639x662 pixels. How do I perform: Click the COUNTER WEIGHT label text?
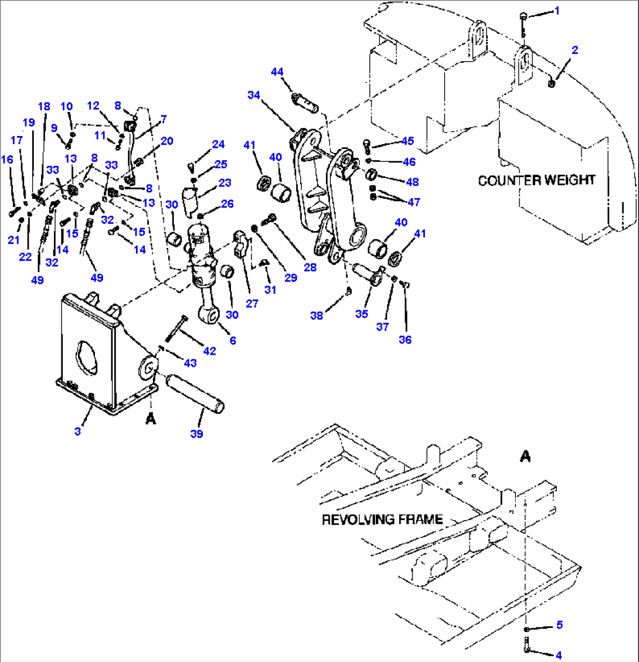click(536, 180)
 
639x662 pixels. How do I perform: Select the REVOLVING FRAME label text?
click(382, 520)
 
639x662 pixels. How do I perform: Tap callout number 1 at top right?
click(557, 11)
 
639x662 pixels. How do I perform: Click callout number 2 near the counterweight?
click(575, 50)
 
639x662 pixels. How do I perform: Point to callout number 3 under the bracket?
click(79, 432)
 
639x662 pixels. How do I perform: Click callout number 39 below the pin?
click(197, 434)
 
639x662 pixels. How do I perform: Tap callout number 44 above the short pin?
click(277, 72)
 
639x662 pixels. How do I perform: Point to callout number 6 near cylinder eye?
click(233, 340)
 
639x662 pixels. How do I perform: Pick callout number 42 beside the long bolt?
click(209, 351)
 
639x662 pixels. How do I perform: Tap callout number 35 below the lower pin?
click(361, 314)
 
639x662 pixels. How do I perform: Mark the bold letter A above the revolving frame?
click(525, 457)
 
